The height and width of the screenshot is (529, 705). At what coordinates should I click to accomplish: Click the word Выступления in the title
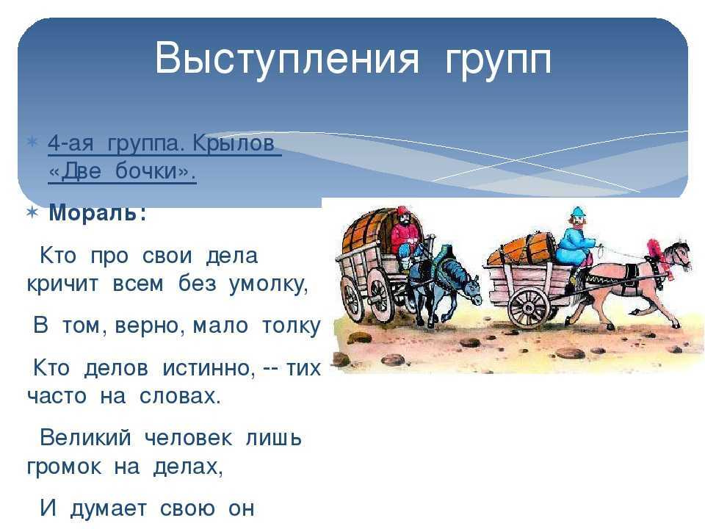point(287,59)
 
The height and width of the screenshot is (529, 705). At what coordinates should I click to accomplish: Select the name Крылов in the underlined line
point(234,144)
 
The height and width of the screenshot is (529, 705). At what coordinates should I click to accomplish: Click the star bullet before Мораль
point(32,212)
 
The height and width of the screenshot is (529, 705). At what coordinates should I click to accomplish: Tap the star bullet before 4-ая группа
point(32,143)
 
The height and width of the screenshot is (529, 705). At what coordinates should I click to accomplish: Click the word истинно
point(209,368)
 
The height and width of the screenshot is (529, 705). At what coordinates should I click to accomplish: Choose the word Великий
point(86,437)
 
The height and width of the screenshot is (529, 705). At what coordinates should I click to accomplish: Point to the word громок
point(65,467)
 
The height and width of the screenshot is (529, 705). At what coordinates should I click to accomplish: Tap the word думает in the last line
point(109,508)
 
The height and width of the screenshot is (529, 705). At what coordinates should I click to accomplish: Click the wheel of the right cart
point(529,307)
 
